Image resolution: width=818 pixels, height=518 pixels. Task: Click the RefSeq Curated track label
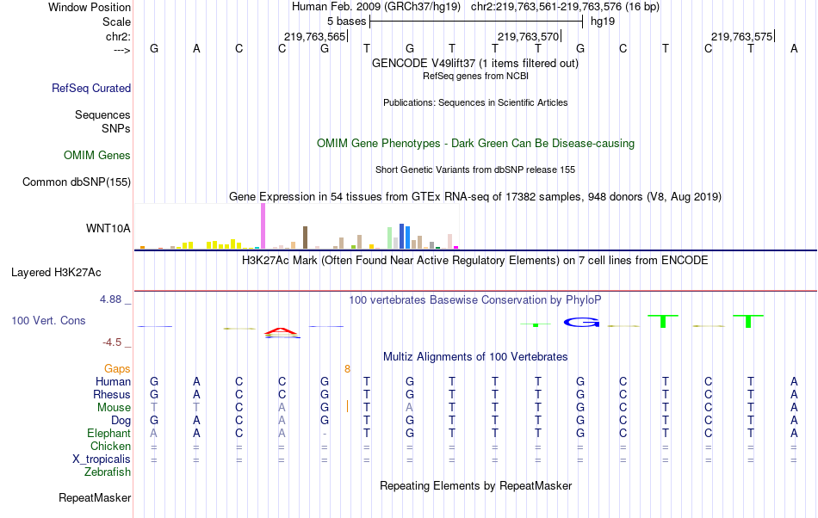(x=91, y=88)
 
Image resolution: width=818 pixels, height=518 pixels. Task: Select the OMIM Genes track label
(x=97, y=156)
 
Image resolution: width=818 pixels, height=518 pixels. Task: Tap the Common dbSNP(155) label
(x=77, y=182)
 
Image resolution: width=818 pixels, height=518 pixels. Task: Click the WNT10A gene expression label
(x=108, y=228)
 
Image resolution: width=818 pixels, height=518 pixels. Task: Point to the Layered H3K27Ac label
(x=56, y=273)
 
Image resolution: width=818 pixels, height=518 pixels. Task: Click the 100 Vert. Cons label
(x=48, y=320)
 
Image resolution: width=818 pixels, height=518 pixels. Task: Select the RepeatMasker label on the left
(x=95, y=497)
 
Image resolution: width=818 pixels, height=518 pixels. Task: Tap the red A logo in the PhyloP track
(x=282, y=331)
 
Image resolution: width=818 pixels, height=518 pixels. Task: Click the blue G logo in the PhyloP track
(x=580, y=322)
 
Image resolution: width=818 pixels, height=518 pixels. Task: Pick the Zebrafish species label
(x=108, y=472)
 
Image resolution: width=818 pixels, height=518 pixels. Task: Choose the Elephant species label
(x=108, y=434)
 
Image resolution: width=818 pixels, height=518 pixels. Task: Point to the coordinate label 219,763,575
(x=741, y=36)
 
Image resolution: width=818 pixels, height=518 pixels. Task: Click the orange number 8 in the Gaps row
(x=347, y=369)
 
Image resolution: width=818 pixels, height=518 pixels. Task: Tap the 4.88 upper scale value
(x=112, y=299)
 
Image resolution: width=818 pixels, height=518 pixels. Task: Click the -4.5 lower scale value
(x=113, y=342)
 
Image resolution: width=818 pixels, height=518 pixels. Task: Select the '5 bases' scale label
(x=346, y=20)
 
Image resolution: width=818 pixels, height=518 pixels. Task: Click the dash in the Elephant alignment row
(x=325, y=434)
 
